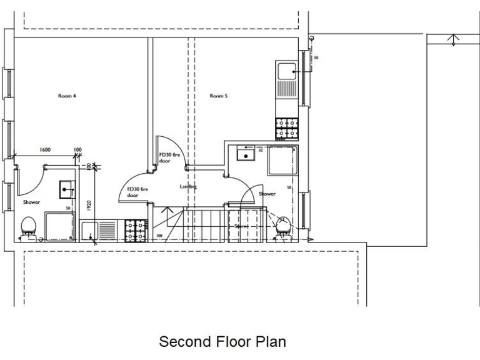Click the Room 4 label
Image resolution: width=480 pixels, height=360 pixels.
click(x=67, y=96)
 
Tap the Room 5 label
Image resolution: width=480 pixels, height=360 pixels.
click(x=218, y=96)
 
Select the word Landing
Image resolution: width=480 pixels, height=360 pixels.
click(x=188, y=186)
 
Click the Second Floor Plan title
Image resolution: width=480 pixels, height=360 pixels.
click(x=222, y=342)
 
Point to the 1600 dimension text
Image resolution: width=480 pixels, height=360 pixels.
click(x=45, y=150)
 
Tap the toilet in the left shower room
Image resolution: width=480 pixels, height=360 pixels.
click(x=27, y=226)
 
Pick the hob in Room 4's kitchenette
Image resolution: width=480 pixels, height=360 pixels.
click(x=136, y=231)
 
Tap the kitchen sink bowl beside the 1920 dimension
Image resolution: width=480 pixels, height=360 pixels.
click(x=89, y=230)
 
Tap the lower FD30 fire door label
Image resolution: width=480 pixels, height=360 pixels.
click(x=137, y=192)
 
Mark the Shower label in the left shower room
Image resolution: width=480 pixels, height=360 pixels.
click(x=32, y=202)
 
